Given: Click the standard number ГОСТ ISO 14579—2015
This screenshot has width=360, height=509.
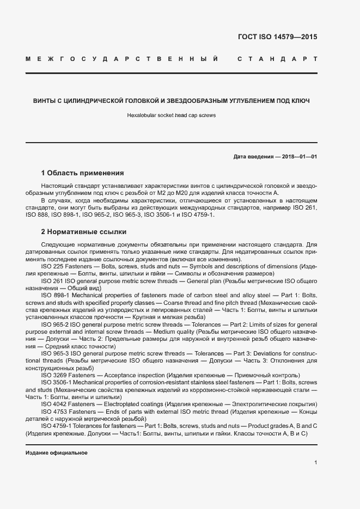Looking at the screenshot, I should point(277,38).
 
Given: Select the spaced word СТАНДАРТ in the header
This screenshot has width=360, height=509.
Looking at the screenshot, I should point(277,58).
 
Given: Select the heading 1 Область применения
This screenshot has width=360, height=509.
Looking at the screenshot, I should point(83,173).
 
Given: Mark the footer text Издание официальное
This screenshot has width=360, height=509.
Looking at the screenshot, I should point(57,453).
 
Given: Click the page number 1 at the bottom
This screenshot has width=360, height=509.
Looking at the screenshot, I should point(315,462).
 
